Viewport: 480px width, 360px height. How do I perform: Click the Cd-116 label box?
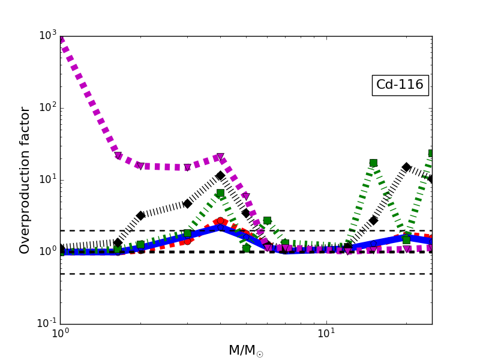click(400, 85)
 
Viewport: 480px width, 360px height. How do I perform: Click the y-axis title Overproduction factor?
click(25, 180)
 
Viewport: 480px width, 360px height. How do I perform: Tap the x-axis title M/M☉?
click(246, 350)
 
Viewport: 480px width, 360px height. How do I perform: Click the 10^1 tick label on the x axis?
click(326, 334)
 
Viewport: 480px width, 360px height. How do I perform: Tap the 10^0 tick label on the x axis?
click(60, 334)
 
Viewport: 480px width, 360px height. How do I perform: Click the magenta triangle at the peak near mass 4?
click(220, 157)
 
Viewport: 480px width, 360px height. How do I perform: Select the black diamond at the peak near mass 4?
click(220, 176)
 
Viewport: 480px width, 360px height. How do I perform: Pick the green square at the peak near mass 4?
click(220, 193)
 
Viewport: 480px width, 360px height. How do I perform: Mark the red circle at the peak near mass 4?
click(220, 221)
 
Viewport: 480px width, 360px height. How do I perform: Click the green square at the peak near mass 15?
click(373, 163)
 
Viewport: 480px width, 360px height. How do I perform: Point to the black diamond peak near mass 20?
click(406, 167)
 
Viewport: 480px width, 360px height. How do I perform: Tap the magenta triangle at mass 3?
click(187, 167)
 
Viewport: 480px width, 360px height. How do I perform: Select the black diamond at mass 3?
click(187, 204)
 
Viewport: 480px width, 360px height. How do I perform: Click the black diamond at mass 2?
click(140, 215)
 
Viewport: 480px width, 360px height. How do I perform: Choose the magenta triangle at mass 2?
click(140, 166)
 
